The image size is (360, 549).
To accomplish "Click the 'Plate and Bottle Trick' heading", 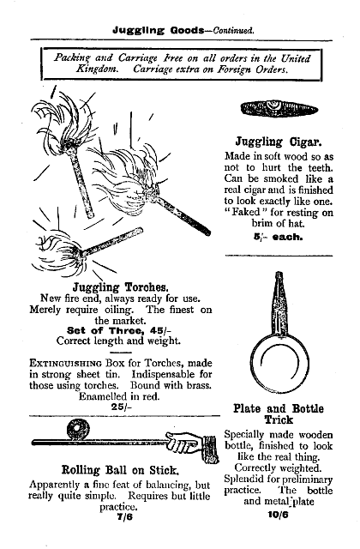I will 279,415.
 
